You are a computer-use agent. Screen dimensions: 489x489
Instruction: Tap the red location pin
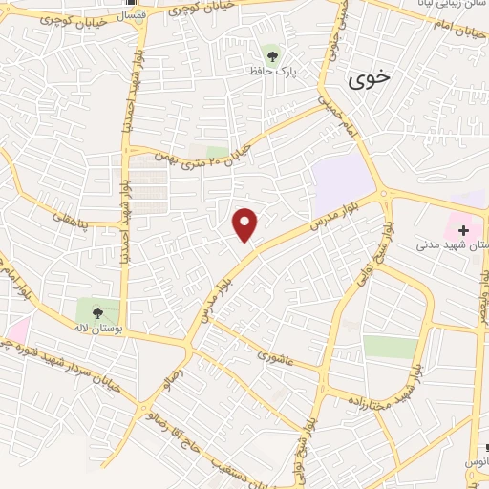coord(245,224)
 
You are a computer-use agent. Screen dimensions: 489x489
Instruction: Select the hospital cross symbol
coord(465,229)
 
